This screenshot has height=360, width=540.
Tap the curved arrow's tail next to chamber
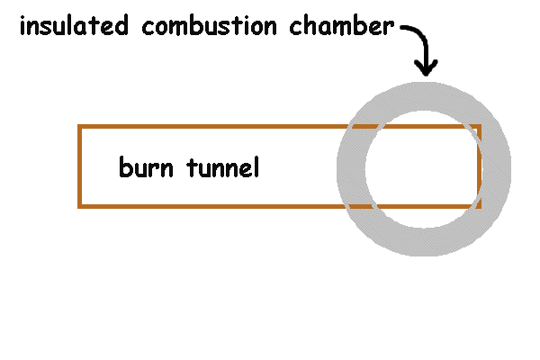403,29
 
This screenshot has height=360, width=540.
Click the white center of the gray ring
424,168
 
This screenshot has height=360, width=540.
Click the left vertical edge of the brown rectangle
80,166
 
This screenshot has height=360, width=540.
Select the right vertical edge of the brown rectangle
479,166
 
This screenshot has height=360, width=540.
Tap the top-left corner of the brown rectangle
80,126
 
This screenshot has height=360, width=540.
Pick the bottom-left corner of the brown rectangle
80,206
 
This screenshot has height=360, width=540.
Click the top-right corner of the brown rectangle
479,126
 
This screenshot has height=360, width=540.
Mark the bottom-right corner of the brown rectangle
479,206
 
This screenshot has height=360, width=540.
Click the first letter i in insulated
22,26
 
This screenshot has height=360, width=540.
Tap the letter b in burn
124,167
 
